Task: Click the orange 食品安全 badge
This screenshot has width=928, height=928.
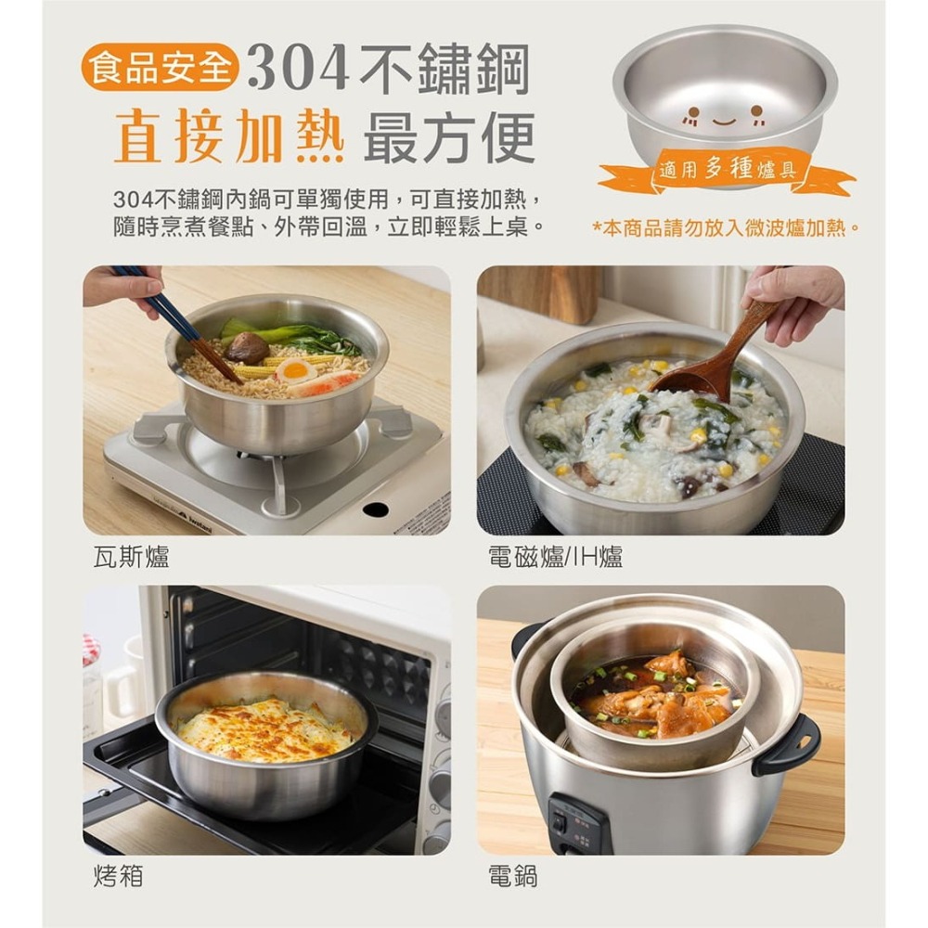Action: point(160,70)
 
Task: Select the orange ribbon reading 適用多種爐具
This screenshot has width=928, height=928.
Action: point(727,171)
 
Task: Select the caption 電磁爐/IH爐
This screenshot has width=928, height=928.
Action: point(555,557)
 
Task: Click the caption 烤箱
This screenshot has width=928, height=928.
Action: point(118,875)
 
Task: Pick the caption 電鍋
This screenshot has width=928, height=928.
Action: point(512,875)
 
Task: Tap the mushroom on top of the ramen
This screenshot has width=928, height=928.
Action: point(247,348)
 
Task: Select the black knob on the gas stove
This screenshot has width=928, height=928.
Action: point(375,509)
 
